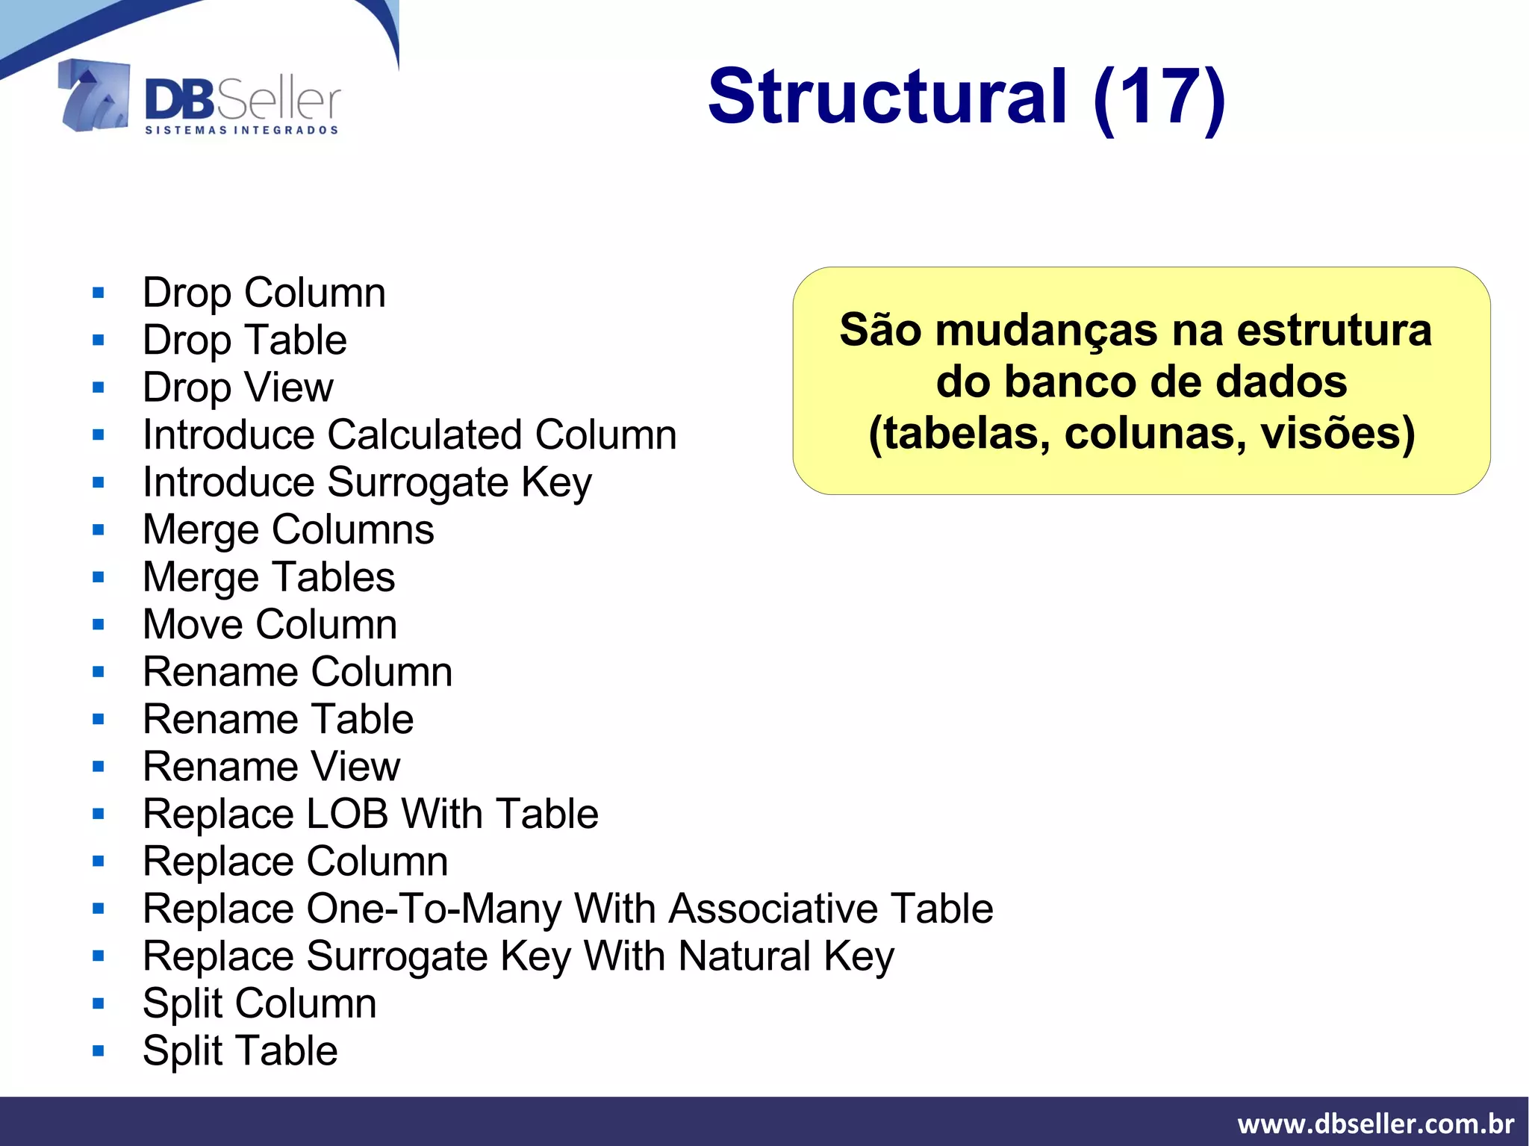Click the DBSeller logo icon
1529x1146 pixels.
point(94,96)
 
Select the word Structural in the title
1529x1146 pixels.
point(888,97)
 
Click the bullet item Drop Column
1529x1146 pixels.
point(264,293)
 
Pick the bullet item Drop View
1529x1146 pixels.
point(238,387)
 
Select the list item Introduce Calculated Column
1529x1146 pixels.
point(410,435)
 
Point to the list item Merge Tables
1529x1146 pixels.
point(269,577)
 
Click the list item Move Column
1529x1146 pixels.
point(270,624)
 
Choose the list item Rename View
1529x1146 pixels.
point(272,767)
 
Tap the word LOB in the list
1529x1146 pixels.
point(349,814)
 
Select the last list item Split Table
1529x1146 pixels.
point(240,1051)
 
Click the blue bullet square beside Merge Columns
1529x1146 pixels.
point(99,530)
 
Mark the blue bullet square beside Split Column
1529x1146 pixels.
point(99,1004)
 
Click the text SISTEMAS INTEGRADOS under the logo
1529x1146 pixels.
point(241,131)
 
